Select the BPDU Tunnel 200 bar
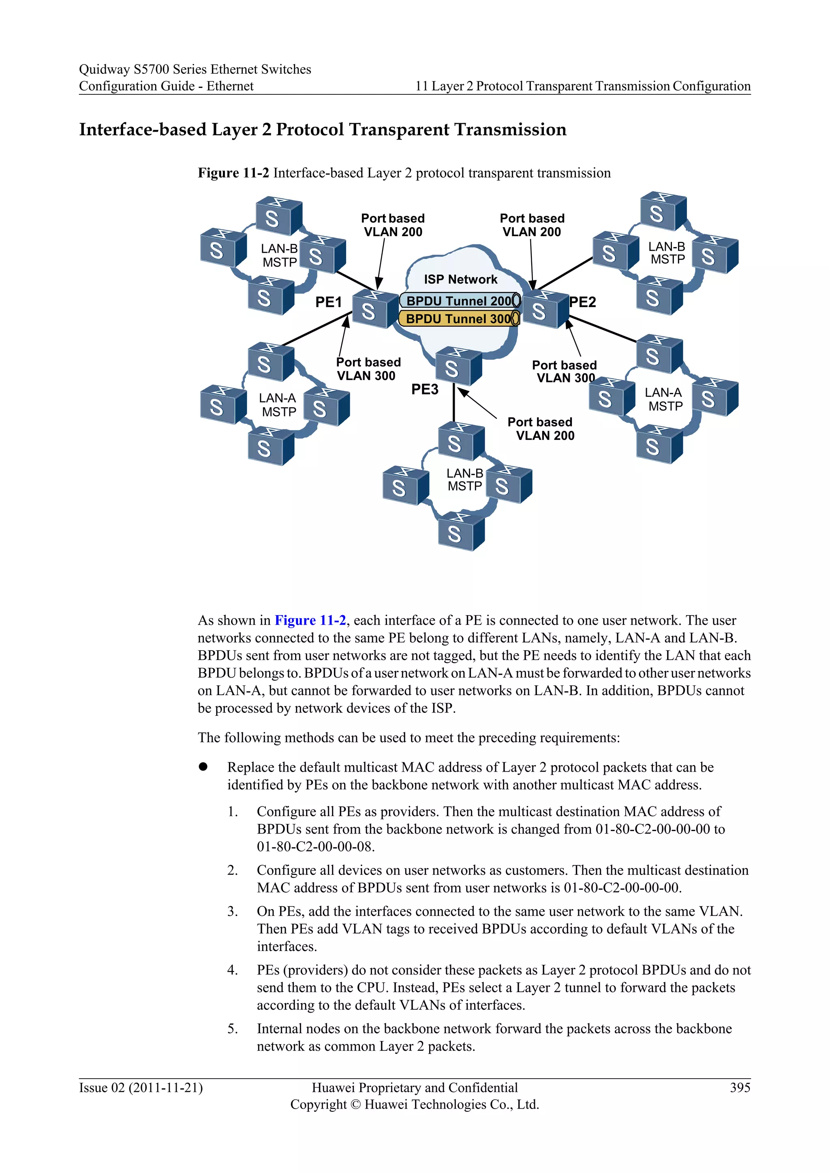459,301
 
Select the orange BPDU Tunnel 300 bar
459,319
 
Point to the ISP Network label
460,279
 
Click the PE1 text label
328,303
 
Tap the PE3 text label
425,390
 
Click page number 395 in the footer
740,1088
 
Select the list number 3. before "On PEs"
233,911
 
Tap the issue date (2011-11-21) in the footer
166,1088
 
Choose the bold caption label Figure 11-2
233,173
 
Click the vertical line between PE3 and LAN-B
454,403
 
